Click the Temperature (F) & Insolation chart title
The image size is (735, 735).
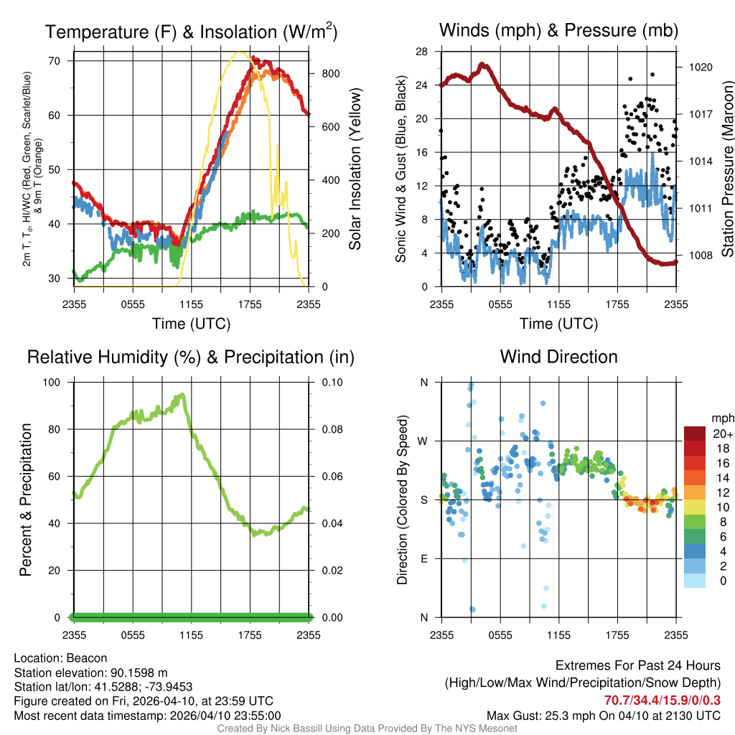click(x=191, y=32)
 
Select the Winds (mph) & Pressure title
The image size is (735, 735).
click(x=558, y=30)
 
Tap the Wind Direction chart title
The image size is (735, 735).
click(x=558, y=357)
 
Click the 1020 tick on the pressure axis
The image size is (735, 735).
click(x=698, y=67)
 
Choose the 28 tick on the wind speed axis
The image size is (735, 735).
click(x=421, y=52)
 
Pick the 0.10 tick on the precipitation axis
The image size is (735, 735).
click(x=332, y=382)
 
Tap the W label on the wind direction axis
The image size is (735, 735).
click(x=423, y=441)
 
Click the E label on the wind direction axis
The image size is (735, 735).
click(x=423, y=558)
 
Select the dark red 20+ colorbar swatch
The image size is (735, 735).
click(x=694, y=434)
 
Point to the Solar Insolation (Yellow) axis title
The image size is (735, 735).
click(x=354, y=169)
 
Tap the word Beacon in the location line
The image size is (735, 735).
click(x=86, y=658)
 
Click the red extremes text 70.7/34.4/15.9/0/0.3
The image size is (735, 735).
click(x=662, y=700)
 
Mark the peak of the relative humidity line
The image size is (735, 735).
click(x=182, y=394)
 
